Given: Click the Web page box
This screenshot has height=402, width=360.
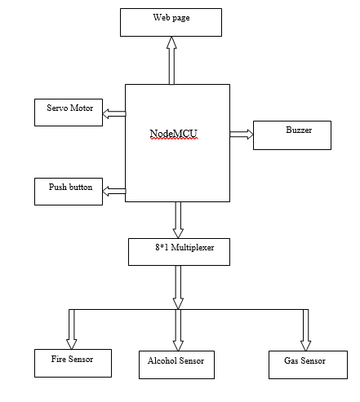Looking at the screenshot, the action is [x=171, y=22].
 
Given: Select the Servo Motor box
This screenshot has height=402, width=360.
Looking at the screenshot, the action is [x=69, y=113].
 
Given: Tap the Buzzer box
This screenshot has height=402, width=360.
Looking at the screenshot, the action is [x=292, y=135].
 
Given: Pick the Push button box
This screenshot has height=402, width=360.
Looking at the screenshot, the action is [x=69, y=192].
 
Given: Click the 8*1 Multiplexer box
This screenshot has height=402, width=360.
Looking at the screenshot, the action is [x=179, y=252].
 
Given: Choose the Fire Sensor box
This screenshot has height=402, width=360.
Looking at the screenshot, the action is [x=73, y=363].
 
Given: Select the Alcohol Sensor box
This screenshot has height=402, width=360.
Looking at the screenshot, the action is [x=176, y=364].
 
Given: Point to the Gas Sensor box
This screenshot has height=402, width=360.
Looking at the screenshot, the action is [x=308, y=364].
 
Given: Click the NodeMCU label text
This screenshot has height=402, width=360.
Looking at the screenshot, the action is [x=173, y=134].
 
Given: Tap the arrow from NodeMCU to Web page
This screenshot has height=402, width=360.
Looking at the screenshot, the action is [x=171, y=60].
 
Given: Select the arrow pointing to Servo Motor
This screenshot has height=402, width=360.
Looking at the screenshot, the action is [x=114, y=113].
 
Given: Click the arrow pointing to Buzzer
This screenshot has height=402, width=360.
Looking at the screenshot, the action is [x=242, y=135].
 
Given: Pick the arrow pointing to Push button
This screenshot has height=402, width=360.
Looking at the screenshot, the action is [x=114, y=191].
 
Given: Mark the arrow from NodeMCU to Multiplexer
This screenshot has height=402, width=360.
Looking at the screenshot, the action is [x=178, y=220].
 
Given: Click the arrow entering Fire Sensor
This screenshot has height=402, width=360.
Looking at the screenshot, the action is [x=72, y=329].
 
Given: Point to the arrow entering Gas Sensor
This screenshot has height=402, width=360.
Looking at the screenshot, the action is [x=305, y=330].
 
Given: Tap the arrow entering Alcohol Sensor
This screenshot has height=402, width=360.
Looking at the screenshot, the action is [x=178, y=330].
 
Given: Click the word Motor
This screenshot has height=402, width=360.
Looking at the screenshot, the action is [x=82, y=108].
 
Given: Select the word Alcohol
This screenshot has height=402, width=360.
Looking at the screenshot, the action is [x=162, y=360].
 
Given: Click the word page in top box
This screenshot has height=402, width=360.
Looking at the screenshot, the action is [x=180, y=18].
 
